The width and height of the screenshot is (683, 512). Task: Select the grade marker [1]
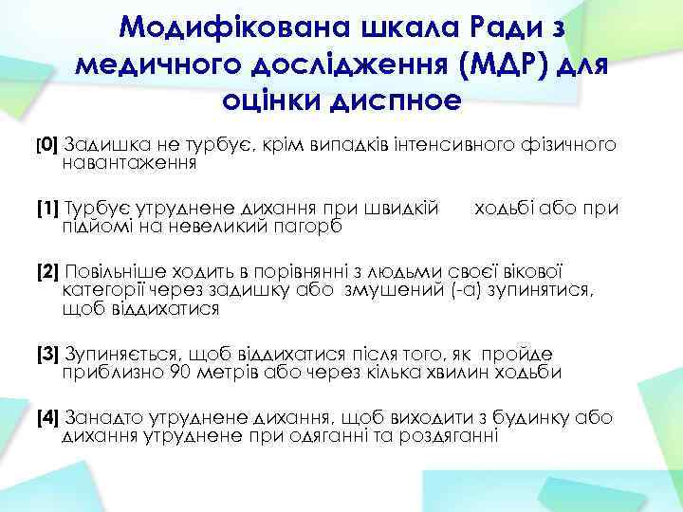[47, 208]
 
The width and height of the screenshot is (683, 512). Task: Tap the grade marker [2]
[47, 269]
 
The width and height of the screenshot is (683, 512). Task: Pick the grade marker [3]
[47, 355]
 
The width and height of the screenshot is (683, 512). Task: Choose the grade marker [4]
[47, 416]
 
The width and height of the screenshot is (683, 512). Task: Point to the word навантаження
[129, 163]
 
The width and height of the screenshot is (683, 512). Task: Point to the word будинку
[556, 416]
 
